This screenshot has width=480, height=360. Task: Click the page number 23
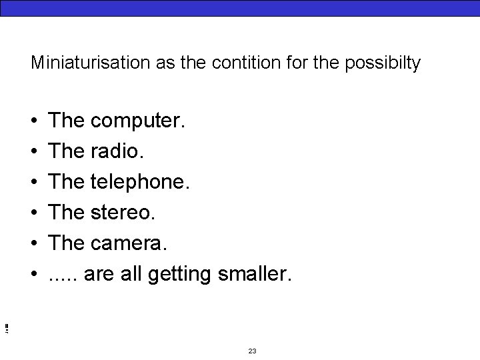[x=252, y=351]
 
